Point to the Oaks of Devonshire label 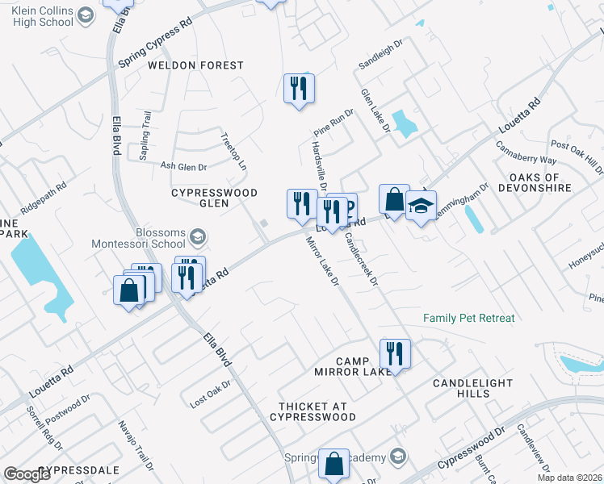(x=541, y=182)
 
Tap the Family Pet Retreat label (x=469, y=318)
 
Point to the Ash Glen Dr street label (x=183, y=166)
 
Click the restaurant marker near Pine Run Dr (x=299, y=88)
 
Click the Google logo (x=27, y=474)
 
